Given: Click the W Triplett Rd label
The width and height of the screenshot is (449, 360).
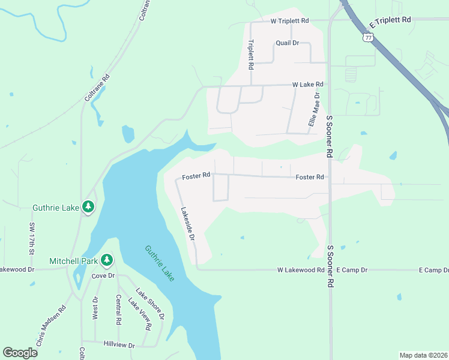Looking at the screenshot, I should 289,20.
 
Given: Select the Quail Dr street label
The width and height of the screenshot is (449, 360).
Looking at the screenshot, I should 287,43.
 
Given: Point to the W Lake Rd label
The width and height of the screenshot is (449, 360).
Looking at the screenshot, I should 308,85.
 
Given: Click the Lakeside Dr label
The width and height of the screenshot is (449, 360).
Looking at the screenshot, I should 188,224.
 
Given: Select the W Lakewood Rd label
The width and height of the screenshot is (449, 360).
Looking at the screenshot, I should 301,271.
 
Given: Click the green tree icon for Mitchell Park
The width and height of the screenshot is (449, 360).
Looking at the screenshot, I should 107,259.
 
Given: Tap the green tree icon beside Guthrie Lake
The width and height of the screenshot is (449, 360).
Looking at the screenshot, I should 88,207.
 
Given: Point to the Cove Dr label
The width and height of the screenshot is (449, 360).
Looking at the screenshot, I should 103,275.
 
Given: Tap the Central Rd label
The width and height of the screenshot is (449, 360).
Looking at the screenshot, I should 118,310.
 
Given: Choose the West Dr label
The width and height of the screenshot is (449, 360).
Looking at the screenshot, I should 95,308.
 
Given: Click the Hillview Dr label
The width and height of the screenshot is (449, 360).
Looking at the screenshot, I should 119,346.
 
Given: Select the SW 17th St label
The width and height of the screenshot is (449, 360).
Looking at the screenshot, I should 32,238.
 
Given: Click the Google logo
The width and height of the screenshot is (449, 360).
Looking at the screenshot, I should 20,353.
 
